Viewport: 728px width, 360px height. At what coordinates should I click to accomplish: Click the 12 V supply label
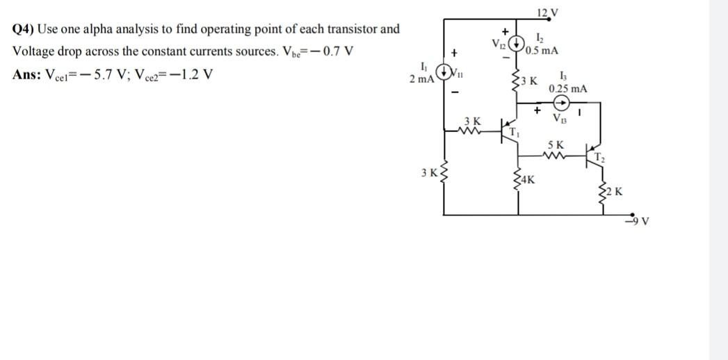(x=547, y=11)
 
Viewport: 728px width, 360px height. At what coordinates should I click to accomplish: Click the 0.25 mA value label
(x=567, y=89)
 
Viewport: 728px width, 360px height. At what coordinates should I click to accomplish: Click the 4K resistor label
(x=528, y=181)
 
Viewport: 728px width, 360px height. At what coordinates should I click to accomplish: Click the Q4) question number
(x=24, y=29)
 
